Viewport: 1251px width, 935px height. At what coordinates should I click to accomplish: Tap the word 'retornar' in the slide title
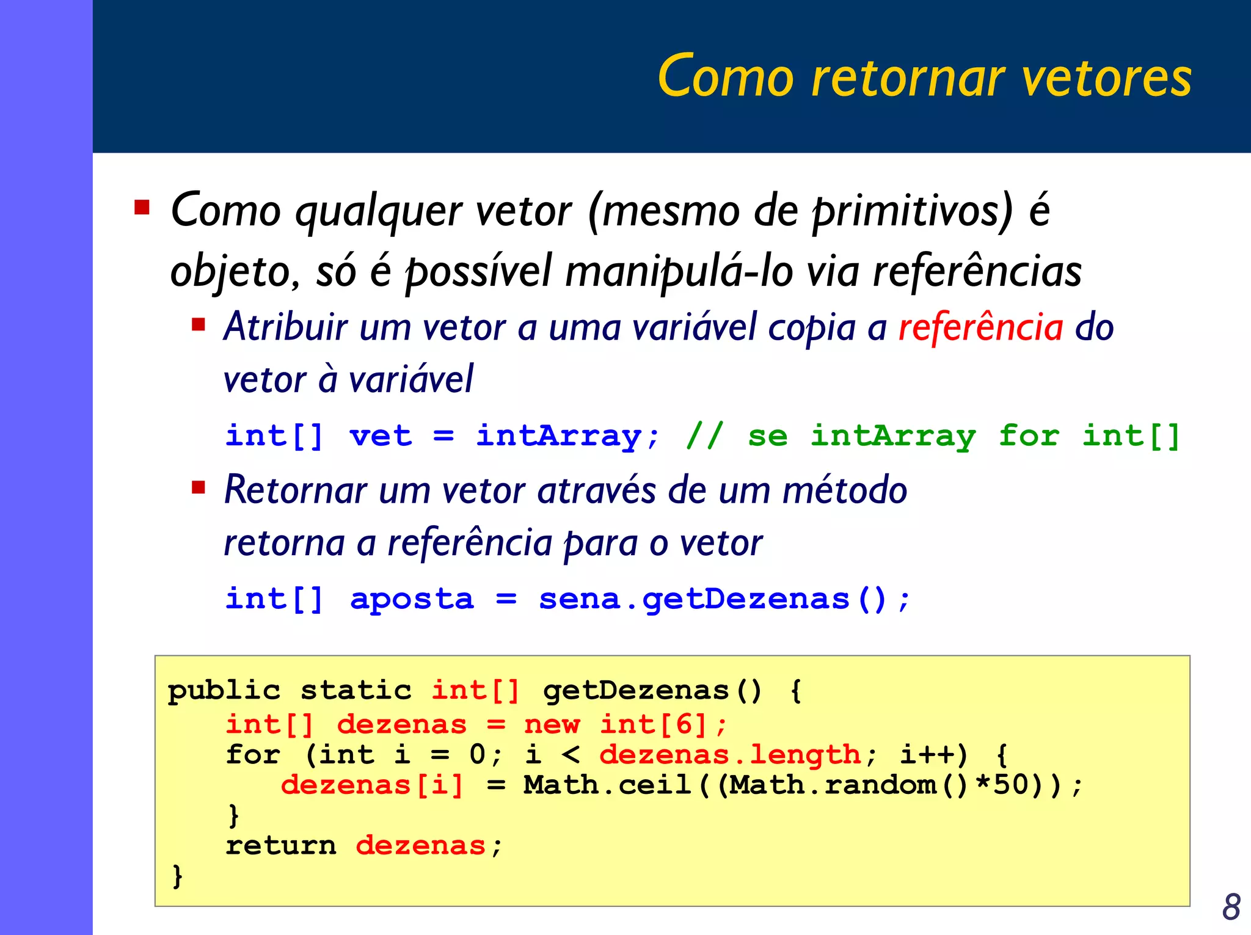[908, 78]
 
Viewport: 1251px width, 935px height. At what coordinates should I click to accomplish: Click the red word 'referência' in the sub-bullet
[980, 327]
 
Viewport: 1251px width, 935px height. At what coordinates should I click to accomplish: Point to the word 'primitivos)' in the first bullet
[912, 211]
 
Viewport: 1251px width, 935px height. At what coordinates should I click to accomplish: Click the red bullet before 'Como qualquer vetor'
[142, 208]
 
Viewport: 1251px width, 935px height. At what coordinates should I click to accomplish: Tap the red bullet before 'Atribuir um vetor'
[199, 324]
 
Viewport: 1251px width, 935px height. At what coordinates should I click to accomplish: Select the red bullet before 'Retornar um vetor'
[199, 487]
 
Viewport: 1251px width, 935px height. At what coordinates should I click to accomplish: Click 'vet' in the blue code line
[381, 437]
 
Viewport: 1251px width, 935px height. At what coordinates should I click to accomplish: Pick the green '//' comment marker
[704, 435]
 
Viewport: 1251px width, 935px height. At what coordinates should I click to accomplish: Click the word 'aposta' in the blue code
[412, 599]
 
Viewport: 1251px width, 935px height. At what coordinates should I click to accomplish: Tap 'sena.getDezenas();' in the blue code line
[724, 599]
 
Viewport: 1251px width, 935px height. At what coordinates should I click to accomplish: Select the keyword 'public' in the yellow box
[224, 691]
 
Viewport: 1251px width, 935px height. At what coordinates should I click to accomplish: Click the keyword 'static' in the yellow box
[356, 691]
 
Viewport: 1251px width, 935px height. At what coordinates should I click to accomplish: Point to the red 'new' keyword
[552, 725]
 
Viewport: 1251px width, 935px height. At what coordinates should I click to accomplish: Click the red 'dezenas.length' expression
[730, 755]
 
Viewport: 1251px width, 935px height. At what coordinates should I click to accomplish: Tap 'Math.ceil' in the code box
[607, 785]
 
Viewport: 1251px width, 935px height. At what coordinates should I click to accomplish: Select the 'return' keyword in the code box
[281, 846]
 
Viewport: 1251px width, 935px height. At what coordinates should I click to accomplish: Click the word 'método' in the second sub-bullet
[845, 490]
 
